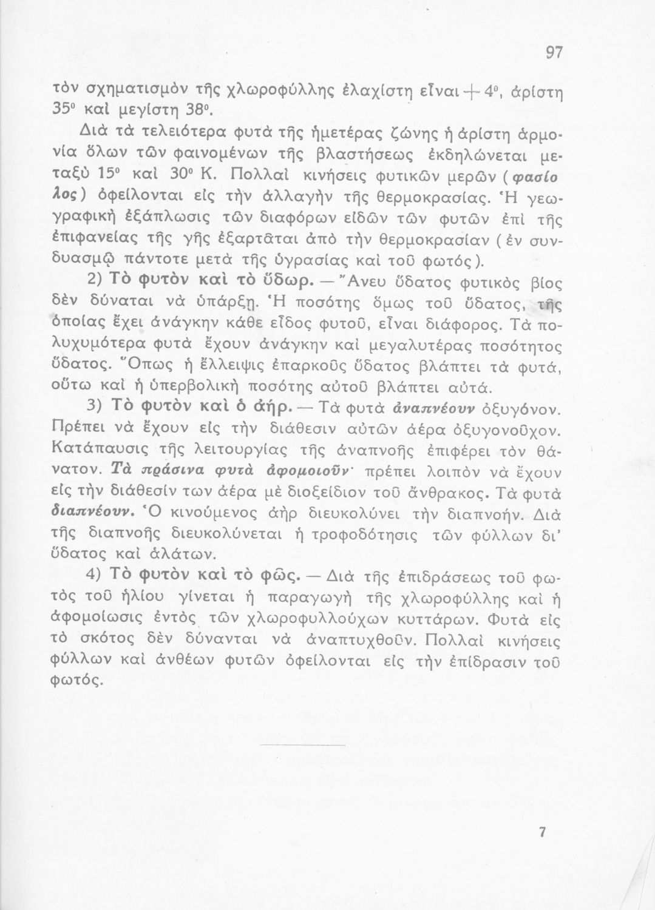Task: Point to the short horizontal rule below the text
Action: pos(302,744)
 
